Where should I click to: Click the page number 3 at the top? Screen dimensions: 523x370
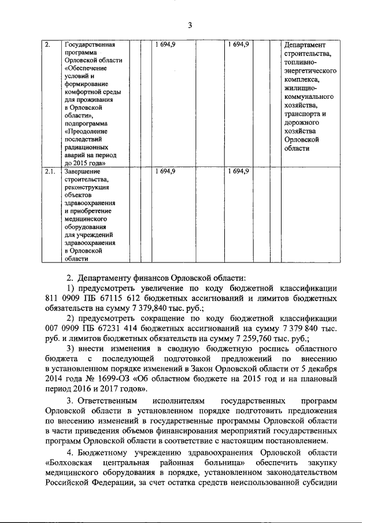[x=189, y=24]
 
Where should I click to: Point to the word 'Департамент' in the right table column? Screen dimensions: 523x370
[x=305, y=44]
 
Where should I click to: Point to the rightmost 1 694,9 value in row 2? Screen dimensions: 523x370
[x=238, y=44]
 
